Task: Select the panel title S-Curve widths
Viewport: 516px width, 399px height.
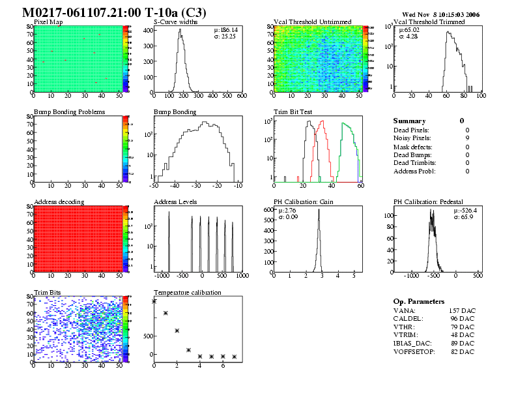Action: (175, 22)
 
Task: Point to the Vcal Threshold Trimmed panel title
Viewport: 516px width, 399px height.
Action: (429, 22)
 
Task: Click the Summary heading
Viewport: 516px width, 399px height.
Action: (409, 121)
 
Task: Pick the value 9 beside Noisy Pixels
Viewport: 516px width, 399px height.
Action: (467, 138)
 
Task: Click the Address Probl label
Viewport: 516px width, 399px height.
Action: (414, 171)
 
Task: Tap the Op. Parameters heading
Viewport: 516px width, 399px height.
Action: (419, 302)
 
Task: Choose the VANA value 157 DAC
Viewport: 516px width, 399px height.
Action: (462, 310)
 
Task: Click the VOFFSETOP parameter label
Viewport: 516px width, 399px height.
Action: (416, 352)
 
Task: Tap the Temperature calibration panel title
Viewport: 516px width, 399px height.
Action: (188, 293)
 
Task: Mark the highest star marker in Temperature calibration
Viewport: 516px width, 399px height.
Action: (154, 301)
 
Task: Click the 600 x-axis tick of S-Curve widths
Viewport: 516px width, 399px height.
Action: (241, 96)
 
